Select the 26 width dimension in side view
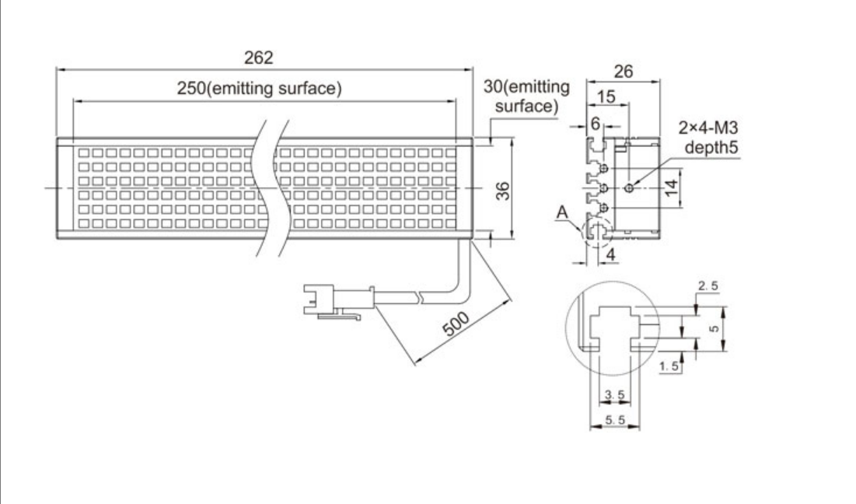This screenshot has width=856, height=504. tap(623, 72)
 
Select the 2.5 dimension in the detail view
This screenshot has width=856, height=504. tap(708, 287)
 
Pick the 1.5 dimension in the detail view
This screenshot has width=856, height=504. tap(667, 366)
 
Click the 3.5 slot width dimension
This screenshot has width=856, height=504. tap(613, 396)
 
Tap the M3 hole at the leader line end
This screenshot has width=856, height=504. tap(631, 187)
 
